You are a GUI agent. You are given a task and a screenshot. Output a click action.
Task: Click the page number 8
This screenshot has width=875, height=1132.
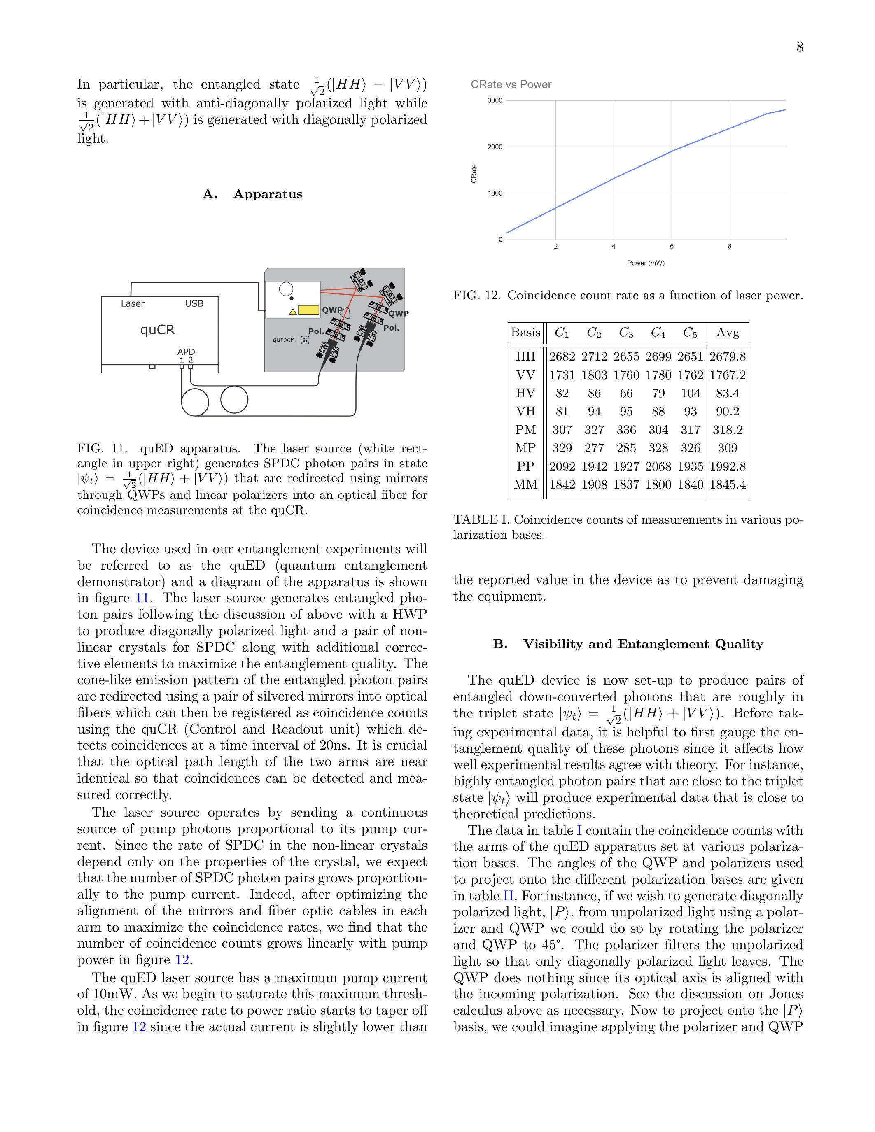(799, 48)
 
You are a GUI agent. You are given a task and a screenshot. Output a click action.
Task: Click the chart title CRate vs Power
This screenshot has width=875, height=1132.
(511, 84)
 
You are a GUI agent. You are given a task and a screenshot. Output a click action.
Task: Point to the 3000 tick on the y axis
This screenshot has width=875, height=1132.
(495, 100)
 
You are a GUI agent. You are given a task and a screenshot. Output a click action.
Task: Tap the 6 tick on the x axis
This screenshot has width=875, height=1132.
(672, 247)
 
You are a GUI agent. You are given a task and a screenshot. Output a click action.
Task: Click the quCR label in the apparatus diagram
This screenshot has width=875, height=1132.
(158, 330)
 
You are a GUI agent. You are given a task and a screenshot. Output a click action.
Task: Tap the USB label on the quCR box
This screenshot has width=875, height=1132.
(194, 304)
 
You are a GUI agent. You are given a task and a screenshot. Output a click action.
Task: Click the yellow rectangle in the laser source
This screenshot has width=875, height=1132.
(309, 310)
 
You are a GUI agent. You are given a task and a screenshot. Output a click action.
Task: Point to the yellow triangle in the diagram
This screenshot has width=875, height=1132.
(292, 312)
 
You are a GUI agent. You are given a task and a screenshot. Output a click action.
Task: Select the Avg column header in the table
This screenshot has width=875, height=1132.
(727, 333)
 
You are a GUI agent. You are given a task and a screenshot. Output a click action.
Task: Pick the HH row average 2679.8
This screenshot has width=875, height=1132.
(727, 356)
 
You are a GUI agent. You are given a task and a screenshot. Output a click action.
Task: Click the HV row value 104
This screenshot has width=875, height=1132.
(690, 394)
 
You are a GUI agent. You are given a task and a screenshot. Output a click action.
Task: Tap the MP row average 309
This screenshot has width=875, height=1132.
(727, 448)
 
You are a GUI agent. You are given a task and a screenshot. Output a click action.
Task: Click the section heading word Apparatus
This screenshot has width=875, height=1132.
(268, 194)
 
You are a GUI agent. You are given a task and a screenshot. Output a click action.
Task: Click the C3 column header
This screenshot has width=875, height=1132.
(626, 333)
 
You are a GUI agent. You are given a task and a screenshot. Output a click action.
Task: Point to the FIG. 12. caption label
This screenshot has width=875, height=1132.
(477, 296)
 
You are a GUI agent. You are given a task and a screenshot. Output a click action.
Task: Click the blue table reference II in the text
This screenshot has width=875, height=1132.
(508, 896)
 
